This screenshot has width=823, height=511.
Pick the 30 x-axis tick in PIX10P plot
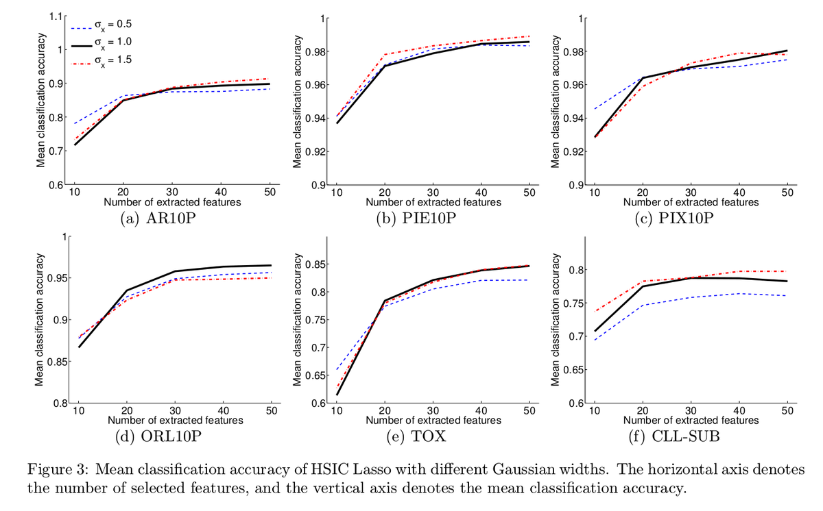[691, 192]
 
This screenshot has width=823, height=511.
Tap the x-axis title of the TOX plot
[433, 420]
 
